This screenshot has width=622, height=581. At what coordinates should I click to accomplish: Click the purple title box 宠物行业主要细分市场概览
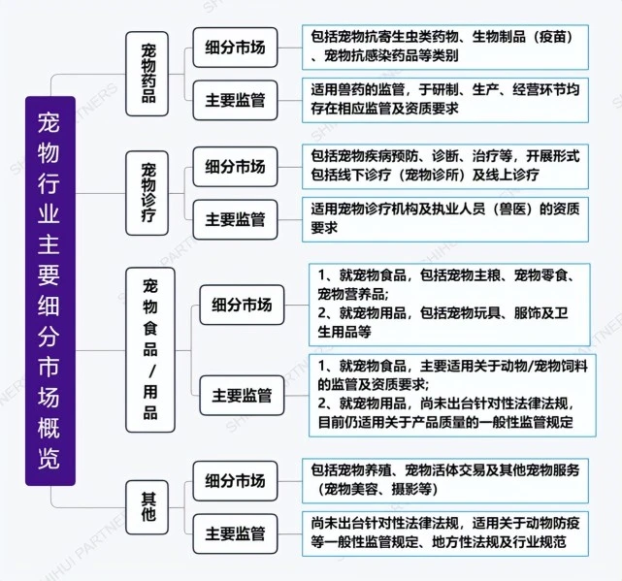(x=50, y=291)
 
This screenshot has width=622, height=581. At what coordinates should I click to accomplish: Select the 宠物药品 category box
(x=147, y=74)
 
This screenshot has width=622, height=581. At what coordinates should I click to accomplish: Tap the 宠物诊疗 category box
(x=147, y=193)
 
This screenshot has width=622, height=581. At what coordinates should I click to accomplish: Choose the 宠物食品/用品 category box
(x=150, y=350)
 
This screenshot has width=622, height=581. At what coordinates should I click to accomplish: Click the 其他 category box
(x=147, y=507)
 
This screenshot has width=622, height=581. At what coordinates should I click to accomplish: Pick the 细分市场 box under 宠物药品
(x=235, y=48)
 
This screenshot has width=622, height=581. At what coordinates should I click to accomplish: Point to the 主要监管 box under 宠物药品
(x=235, y=100)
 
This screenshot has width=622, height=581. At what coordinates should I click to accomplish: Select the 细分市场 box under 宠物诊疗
(x=235, y=167)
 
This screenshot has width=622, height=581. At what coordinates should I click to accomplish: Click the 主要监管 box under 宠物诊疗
(x=235, y=219)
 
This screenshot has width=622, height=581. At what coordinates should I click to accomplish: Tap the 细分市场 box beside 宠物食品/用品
(x=242, y=305)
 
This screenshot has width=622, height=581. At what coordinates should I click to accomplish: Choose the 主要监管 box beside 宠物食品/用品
(x=242, y=396)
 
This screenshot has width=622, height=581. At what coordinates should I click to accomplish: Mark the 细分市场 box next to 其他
(x=235, y=481)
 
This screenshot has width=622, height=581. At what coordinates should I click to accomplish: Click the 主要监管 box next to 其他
(x=235, y=533)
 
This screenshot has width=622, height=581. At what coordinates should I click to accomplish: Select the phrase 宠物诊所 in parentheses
(x=431, y=175)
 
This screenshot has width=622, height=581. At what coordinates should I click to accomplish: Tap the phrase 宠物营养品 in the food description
(x=351, y=294)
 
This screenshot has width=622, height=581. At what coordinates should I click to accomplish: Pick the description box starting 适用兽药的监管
(x=445, y=100)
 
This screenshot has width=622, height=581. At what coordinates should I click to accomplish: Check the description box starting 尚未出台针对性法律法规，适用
(x=445, y=533)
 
